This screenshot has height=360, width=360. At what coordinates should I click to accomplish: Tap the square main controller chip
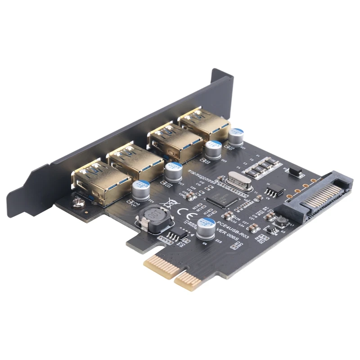[x=218, y=201]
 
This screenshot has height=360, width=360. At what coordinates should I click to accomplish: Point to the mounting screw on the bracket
[x=78, y=203]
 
